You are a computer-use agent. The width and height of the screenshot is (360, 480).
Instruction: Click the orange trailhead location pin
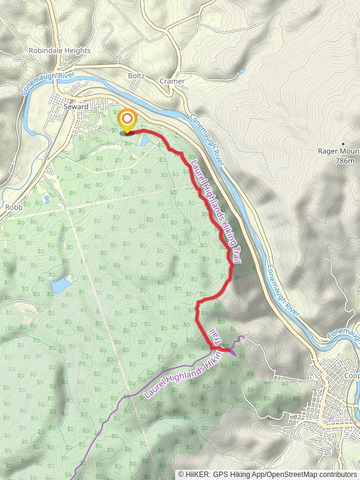[x=127, y=119]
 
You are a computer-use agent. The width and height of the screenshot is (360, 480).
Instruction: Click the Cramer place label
[x=172, y=80]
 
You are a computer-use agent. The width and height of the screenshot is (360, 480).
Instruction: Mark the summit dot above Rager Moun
[x=343, y=144]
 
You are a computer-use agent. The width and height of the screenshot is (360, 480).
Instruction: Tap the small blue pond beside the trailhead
[x=145, y=140]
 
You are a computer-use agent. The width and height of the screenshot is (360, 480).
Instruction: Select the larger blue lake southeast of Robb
[x=61, y=285]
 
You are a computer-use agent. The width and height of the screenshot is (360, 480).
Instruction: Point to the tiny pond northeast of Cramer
[x=242, y=71]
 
